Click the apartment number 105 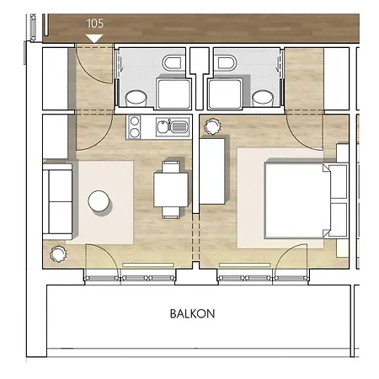tap(95, 24)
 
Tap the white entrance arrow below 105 tap(94, 39)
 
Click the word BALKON tap(192, 313)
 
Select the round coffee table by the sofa tap(99, 200)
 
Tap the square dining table tap(171, 189)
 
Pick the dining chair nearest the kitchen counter tap(171, 167)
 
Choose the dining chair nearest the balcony tap(171, 212)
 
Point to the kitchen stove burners tap(135, 126)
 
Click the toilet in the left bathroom tap(172, 63)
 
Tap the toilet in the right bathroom tap(227, 63)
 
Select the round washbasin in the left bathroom tap(136, 99)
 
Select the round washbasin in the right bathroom tap(263, 99)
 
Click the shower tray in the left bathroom tap(173, 93)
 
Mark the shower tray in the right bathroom tap(225, 93)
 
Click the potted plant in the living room tap(58, 254)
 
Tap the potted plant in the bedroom tap(212, 126)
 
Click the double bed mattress tap(297, 200)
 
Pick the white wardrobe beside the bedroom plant tap(212, 171)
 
